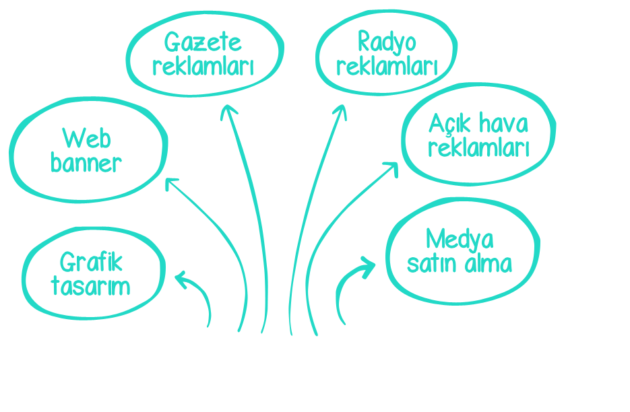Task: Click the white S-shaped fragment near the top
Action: (152, 67)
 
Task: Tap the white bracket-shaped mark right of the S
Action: (251, 67)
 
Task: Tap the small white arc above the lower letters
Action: (65, 251)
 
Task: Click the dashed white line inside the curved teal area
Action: (462, 273)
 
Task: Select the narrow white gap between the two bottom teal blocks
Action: (254, 289)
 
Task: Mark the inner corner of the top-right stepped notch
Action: (497, 83)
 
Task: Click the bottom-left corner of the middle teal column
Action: (261, 336)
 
